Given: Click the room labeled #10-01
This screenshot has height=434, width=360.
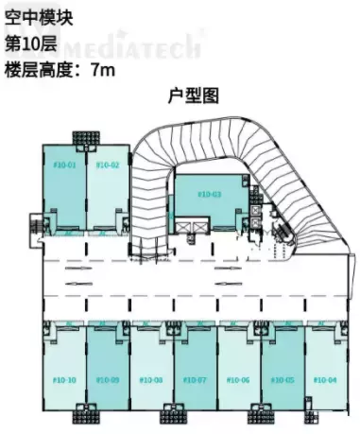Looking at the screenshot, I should (64, 166).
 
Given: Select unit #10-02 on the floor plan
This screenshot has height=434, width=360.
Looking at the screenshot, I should (108, 166).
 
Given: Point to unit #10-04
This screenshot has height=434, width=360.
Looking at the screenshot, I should (325, 379).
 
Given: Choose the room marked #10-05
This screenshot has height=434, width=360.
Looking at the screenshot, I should (283, 379).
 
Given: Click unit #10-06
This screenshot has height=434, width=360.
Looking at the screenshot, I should (239, 379).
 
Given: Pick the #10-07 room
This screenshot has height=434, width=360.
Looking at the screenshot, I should (196, 379).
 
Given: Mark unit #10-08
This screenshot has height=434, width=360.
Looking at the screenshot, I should (152, 379).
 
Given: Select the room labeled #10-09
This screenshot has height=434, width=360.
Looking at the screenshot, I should (108, 379).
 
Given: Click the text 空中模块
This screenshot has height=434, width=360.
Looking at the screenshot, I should (37, 17).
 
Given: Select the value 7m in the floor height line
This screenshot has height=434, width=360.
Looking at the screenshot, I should (102, 69).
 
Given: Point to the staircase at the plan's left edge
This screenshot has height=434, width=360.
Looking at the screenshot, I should (36, 227).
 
